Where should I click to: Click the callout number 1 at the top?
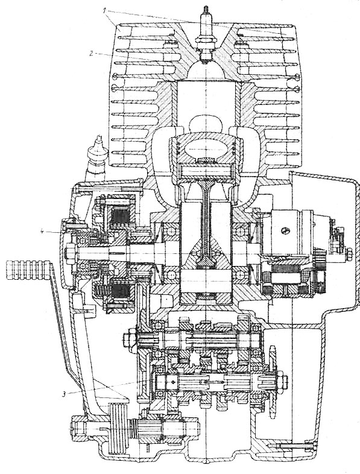[104, 11]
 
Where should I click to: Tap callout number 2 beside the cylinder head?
[90, 54]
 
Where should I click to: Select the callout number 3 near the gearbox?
[64, 394]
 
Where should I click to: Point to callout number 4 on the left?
[43, 231]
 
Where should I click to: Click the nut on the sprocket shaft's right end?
[284, 379]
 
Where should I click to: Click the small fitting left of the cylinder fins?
[97, 157]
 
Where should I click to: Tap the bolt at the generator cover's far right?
[349, 253]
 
